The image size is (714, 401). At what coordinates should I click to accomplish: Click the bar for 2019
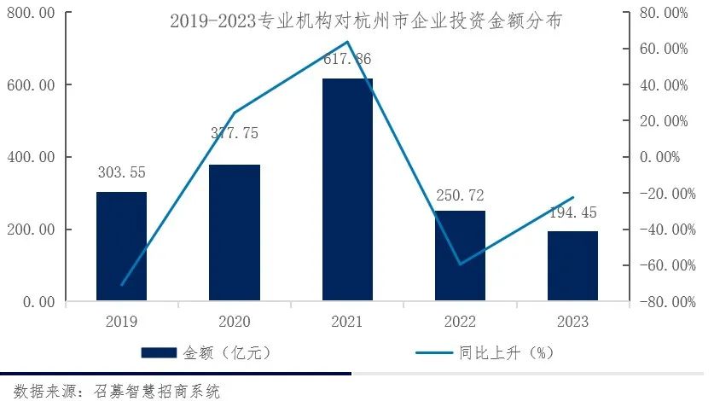121,247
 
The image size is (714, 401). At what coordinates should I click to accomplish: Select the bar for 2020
235,233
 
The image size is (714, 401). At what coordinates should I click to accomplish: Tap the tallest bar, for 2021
347,189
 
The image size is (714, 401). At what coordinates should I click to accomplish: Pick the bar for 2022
460,256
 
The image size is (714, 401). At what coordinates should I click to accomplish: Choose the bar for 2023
572,266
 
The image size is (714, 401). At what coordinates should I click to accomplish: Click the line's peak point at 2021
348,42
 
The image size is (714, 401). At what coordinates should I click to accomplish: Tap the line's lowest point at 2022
461,264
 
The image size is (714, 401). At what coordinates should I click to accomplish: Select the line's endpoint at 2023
573,198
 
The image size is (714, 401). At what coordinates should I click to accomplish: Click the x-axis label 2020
235,323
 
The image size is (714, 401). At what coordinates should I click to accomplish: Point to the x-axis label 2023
572,323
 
